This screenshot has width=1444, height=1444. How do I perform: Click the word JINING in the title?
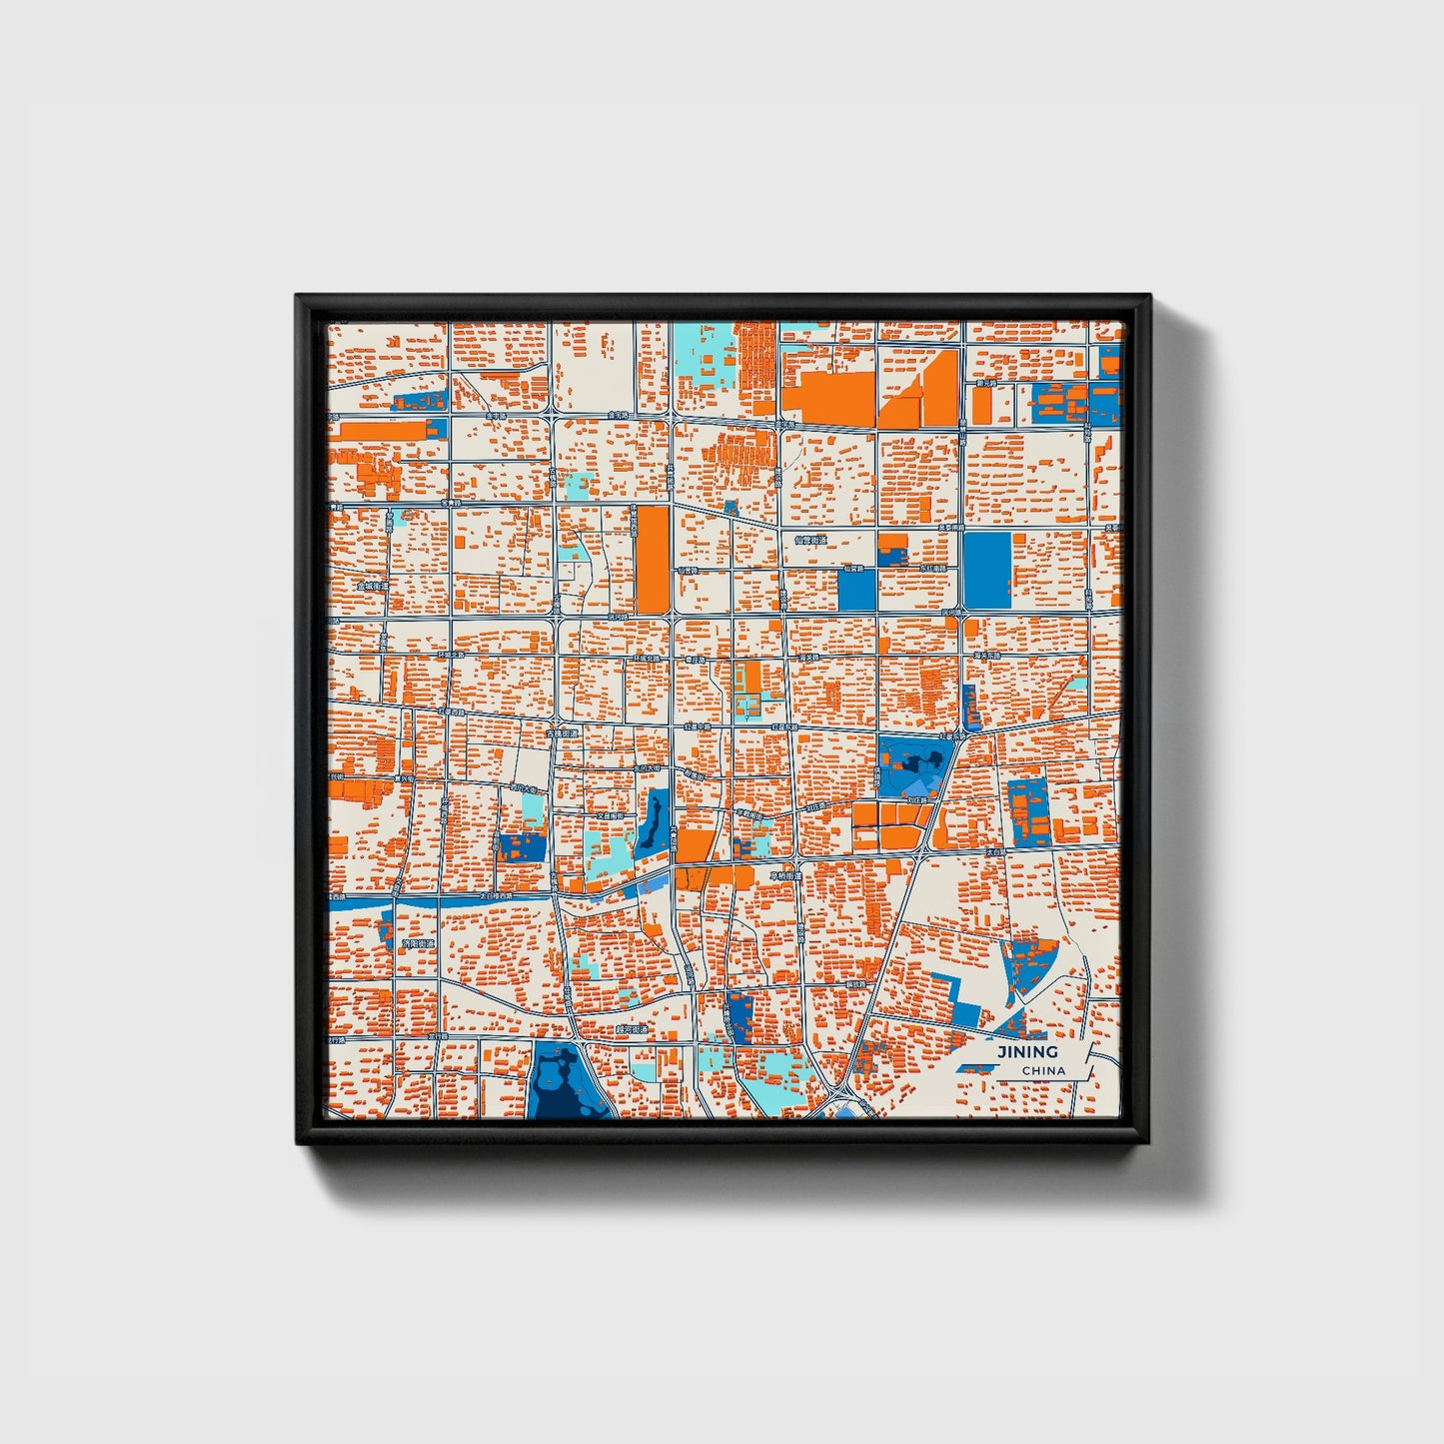tap(1026, 1051)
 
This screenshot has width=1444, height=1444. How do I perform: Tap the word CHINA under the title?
tap(1042, 1070)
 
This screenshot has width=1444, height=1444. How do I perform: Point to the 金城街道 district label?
tap(372, 587)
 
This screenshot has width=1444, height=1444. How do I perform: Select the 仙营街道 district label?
tap(810, 540)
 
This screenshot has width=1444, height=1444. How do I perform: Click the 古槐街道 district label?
tap(562, 733)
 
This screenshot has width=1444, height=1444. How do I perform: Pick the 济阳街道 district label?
tap(417, 942)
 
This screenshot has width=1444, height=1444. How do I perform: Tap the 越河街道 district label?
tap(632, 1028)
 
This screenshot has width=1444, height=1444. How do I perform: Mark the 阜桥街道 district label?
tap(785, 876)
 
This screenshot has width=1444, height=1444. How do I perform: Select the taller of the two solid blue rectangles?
tap(986, 570)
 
